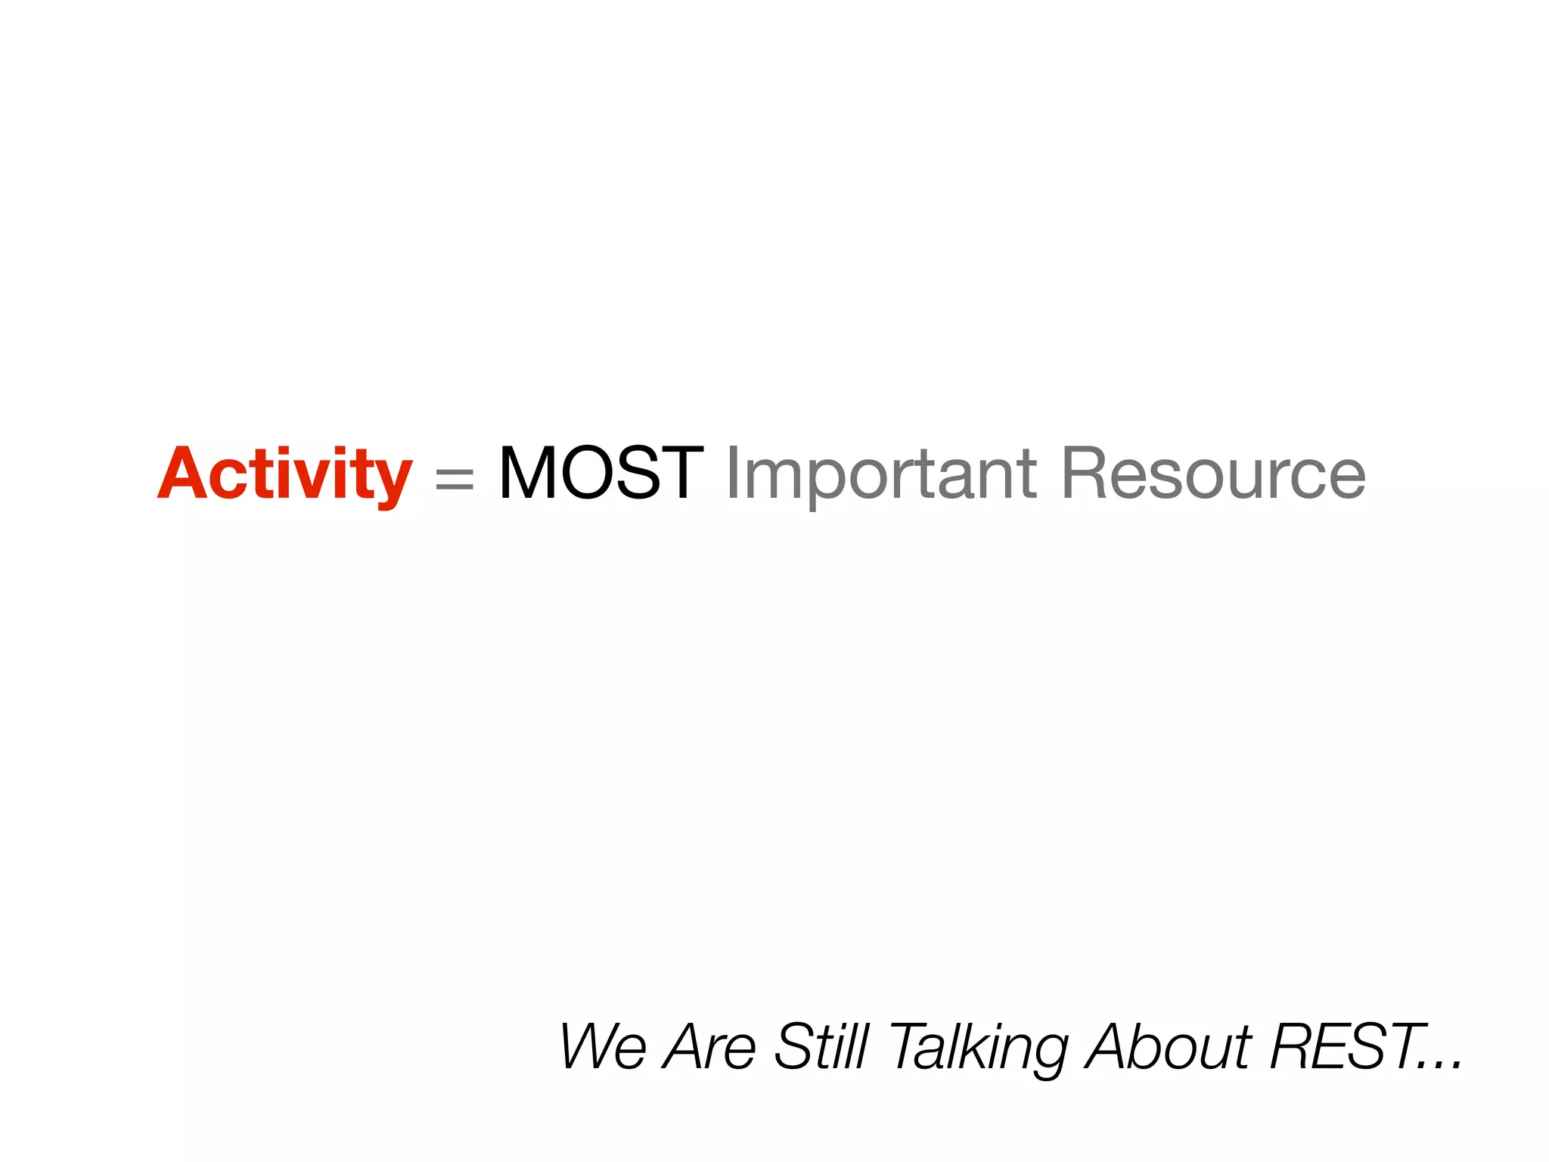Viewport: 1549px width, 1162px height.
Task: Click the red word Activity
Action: pos(284,475)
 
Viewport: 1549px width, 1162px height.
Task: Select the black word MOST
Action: pos(601,474)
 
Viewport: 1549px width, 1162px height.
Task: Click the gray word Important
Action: pos(880,475)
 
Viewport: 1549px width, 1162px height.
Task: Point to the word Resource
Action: pos(1213,474)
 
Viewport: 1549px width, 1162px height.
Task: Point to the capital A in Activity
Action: pos(185,474)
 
